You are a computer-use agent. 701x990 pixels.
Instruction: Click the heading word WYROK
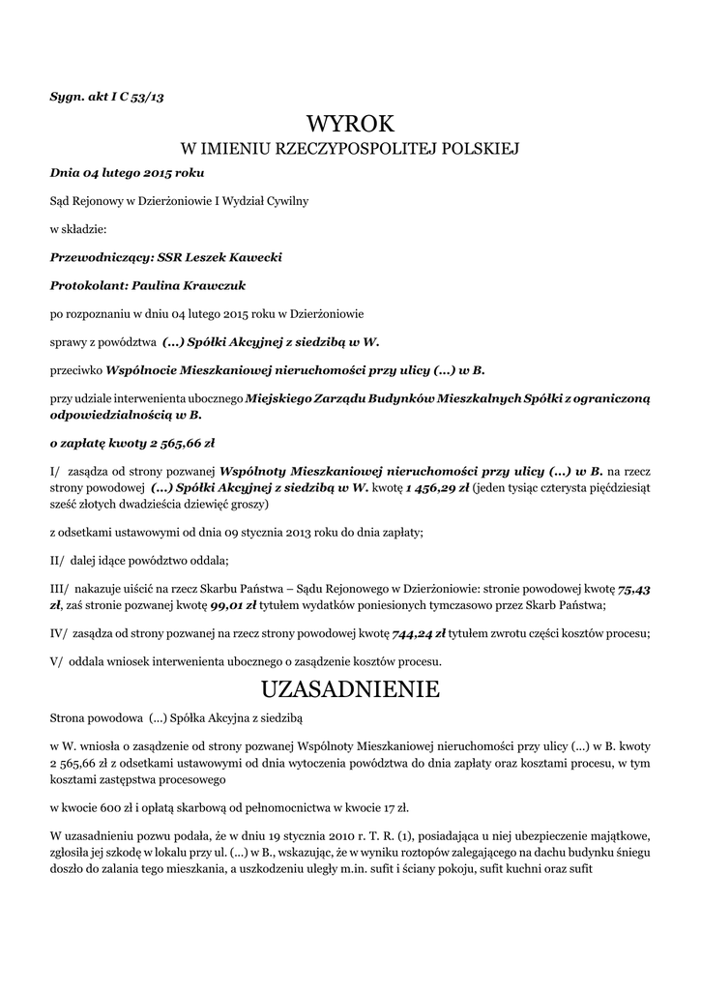[351, 124]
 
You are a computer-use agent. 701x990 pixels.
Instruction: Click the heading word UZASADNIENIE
[351, 689]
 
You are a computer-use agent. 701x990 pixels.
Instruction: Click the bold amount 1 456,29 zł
[437, 487]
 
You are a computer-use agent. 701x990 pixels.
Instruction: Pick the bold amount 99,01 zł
[236, 605]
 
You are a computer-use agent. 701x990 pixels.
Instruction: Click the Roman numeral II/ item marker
[58, 560]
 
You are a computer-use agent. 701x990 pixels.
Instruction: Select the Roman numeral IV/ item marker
[60, 633]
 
